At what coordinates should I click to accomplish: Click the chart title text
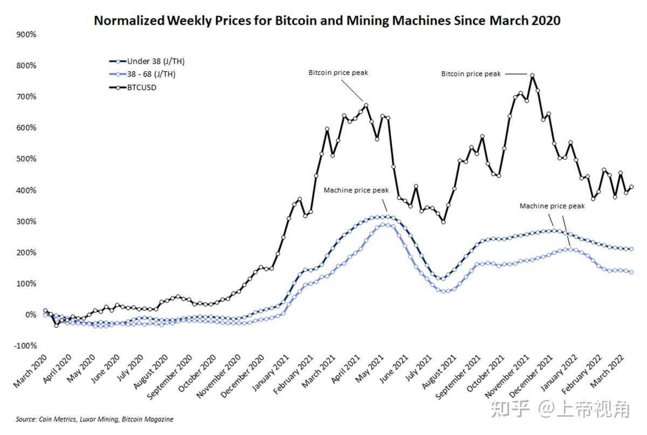[327, 21]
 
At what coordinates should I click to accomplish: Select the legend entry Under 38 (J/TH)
[156, 61]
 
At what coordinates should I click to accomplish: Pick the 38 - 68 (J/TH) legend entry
[151, 74]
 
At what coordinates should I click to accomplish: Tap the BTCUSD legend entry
[142, 87]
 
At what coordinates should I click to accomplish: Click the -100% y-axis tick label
[25, 346]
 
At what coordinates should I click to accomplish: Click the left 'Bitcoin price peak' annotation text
[338, 72]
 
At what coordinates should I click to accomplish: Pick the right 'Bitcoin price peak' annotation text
[471, 74]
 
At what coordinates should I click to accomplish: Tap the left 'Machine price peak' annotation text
[356, 191]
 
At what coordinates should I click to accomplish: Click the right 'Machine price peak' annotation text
[552, 206]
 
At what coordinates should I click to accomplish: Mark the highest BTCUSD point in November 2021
[532, 76]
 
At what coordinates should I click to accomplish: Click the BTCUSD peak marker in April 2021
[366, 105]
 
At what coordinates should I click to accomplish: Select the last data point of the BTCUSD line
[631, 187]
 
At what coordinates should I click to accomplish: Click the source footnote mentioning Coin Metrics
[94, 419]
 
